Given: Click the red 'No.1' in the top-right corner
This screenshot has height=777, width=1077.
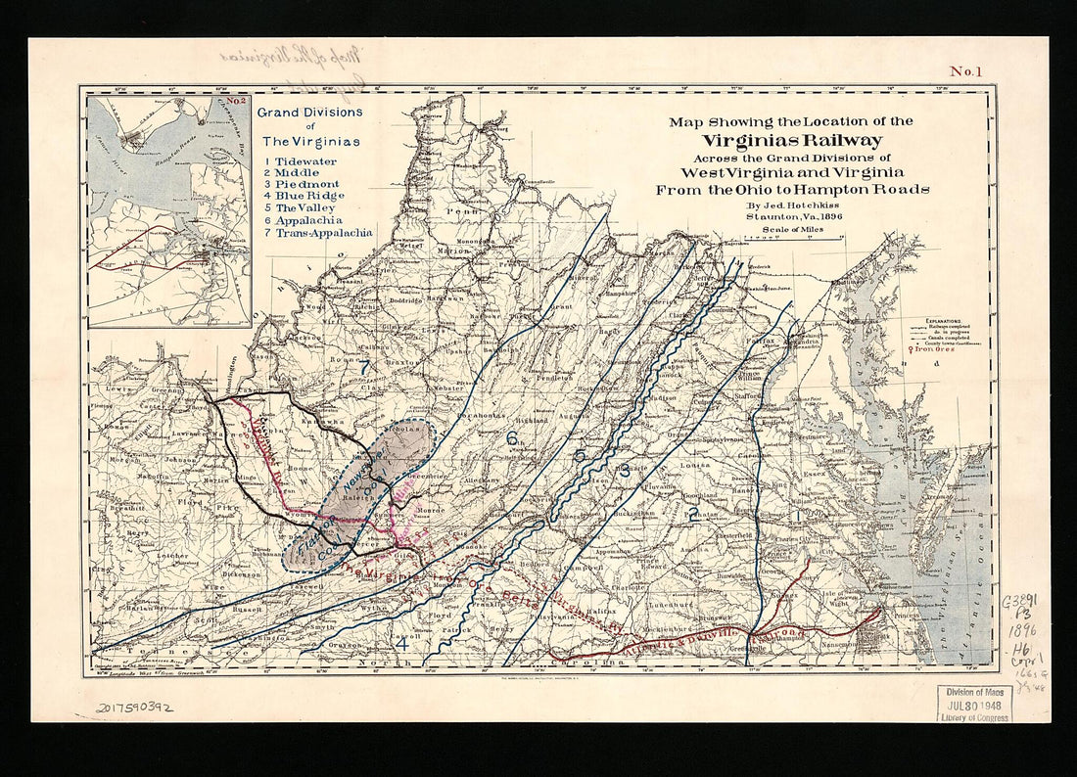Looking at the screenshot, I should (964, 70).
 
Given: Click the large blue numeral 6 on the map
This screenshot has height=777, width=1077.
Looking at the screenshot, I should (511, 439).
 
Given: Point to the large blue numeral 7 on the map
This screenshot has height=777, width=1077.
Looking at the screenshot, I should (364, 367).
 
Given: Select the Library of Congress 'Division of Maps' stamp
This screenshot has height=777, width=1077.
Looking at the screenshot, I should (973, 702).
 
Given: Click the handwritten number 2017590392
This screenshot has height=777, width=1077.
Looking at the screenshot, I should (133, 707).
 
